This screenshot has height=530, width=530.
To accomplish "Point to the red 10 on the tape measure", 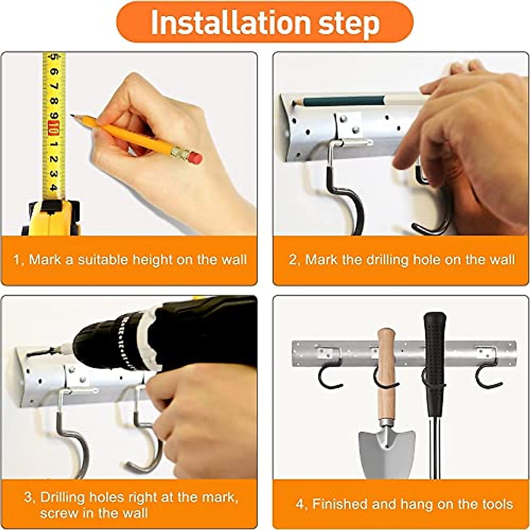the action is coord(53,128).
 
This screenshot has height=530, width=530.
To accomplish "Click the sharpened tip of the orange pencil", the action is coord(72,116).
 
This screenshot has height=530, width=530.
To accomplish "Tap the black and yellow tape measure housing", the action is coord(51,218).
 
